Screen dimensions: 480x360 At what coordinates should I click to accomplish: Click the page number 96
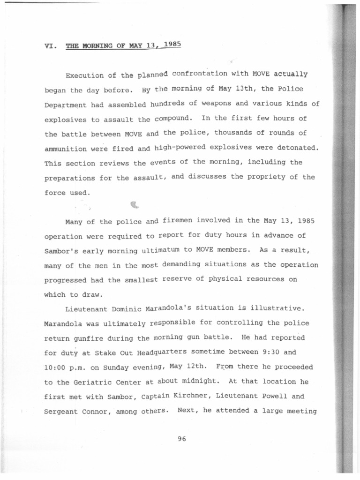pos(182,439)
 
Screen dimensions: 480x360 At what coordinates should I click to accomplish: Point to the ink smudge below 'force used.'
pos(135,204)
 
